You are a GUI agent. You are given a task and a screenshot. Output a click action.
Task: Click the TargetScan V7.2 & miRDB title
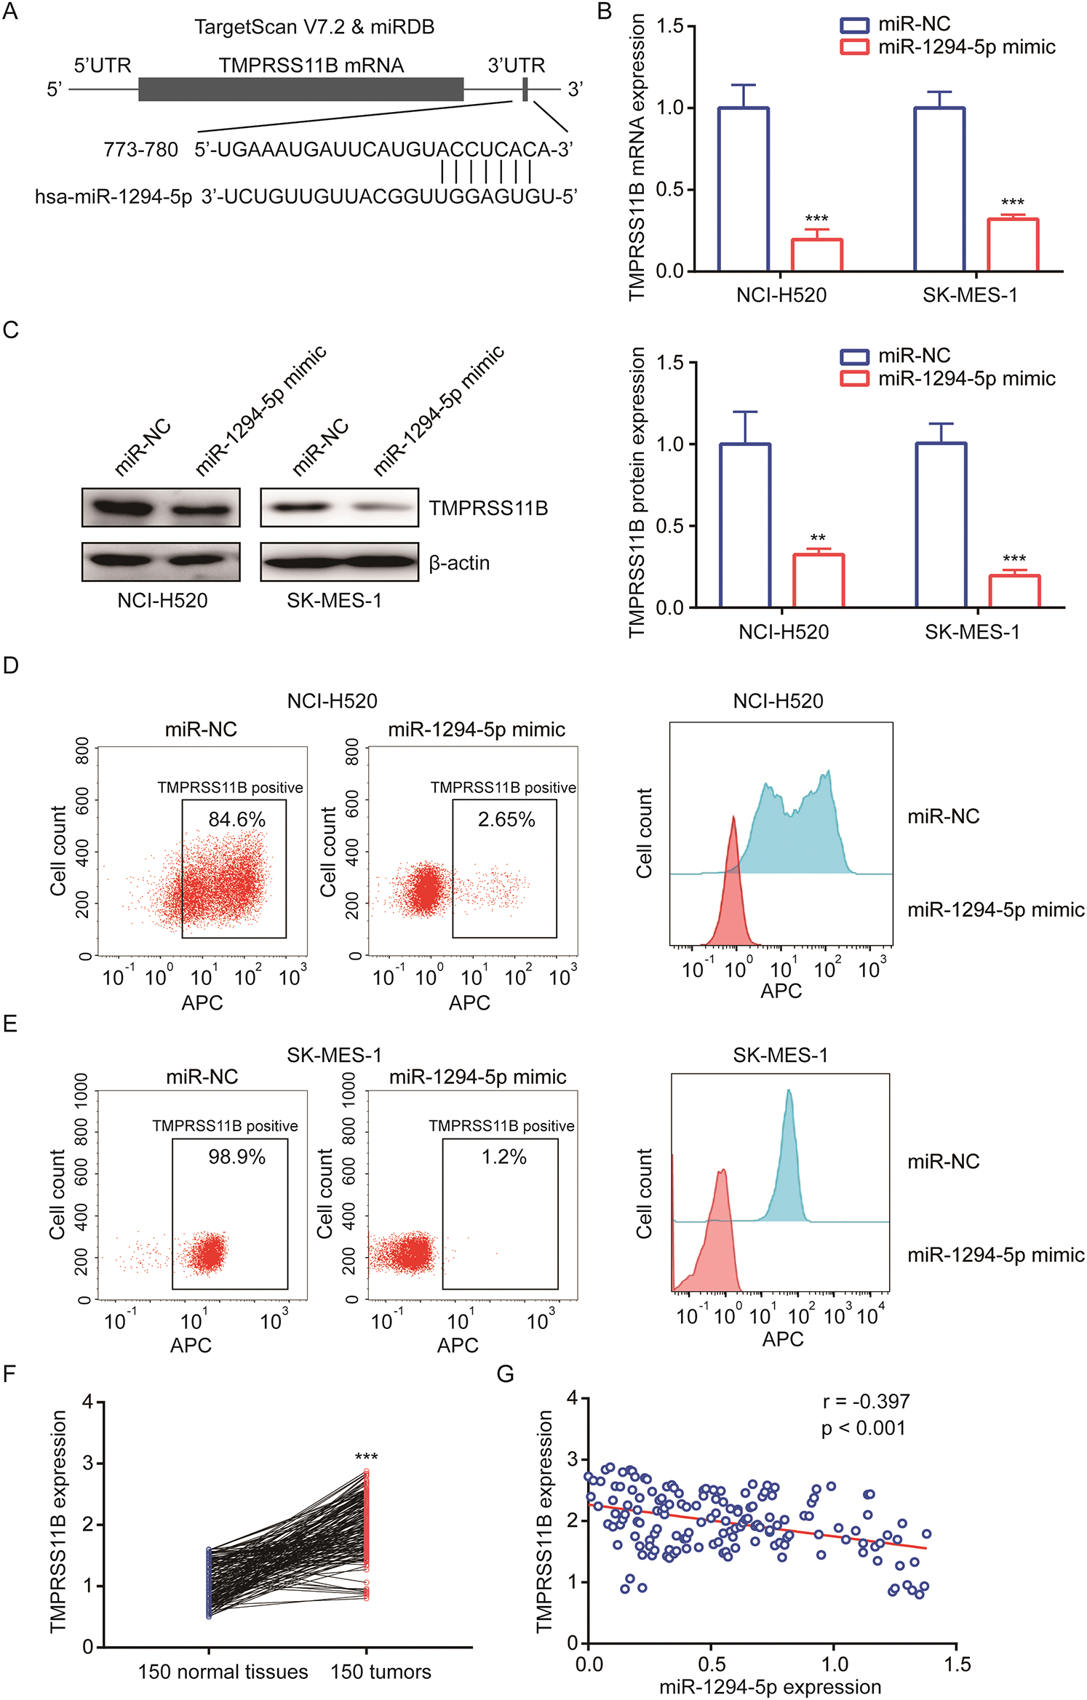(314, 27)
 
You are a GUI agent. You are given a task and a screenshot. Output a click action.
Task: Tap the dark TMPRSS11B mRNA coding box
(300, 89)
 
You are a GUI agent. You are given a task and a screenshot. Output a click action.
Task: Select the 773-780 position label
(140, 150)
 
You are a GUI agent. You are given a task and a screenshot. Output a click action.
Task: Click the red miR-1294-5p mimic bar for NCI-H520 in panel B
(816, 255)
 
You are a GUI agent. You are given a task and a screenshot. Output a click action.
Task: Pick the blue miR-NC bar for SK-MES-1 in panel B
(939, 189)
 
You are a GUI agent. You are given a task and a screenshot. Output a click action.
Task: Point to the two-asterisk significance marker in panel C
(818, 539)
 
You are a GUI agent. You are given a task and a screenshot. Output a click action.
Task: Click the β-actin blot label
(459, 563)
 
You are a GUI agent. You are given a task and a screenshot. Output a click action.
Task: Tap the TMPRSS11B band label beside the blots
(488, 508)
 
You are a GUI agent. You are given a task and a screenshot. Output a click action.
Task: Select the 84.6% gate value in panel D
(236, 820)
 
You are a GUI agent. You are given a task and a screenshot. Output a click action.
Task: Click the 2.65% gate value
(506, 820)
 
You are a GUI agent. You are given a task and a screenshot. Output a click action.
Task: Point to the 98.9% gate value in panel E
(236, 1157)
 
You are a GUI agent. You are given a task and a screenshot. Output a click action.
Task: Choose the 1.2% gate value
(503, 1157)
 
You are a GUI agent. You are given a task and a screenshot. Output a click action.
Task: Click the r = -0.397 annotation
(866, 1401)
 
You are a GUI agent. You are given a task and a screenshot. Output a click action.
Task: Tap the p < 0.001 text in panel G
(863, 1428)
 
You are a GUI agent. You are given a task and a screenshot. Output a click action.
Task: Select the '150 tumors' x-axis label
(381, 1672)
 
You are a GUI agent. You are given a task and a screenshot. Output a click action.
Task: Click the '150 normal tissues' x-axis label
(223, 1672)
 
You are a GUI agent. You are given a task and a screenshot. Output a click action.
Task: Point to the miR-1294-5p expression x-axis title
(770, 1687)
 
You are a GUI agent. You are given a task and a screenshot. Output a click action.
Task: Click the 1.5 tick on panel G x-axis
(957, 1665)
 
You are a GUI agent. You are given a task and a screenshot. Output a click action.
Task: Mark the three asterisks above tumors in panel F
(366, 1457)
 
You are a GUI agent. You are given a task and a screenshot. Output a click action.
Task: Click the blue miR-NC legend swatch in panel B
(854, 25)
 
